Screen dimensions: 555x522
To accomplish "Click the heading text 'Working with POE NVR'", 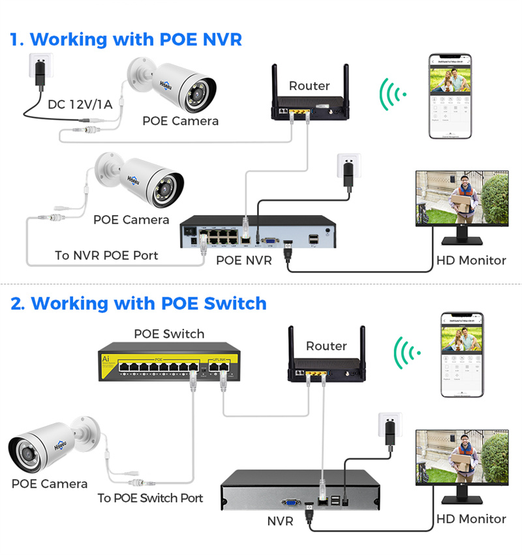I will pos(136,39).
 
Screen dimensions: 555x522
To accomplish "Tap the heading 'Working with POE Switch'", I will pos(149,303).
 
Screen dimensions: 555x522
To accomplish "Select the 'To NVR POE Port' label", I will pos(106,255).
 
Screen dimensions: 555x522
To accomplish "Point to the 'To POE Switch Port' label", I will pos(150,498).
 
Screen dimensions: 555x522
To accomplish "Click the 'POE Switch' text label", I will pos(169,334).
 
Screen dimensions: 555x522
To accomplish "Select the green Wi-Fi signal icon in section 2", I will pos(406,354).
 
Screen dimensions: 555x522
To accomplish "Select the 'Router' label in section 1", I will pos(309,86).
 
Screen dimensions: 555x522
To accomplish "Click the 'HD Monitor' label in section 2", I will pos(471,519).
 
